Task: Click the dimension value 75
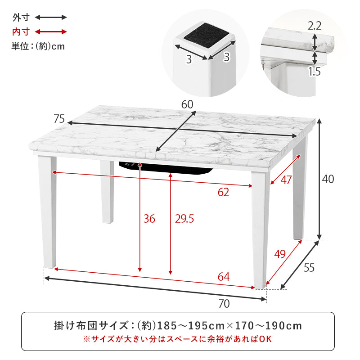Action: (59, 119)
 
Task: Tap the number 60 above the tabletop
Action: (187, 104)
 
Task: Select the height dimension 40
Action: (328, 179)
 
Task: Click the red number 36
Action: (149, 219)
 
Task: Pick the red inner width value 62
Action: (223, 193)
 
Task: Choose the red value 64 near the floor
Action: (224, 277)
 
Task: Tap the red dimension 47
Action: (286, 180)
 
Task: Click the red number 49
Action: (280, 254)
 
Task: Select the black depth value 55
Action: (309, 267)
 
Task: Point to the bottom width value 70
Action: (224, 304)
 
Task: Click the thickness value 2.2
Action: (315, 26)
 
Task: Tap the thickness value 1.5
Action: (315, 71)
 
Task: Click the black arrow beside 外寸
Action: (51, 18)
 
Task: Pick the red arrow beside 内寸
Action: (51, 31)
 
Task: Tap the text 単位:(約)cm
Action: (38, 46)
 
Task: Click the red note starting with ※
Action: (178, 338)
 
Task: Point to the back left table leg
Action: (107, 191)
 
